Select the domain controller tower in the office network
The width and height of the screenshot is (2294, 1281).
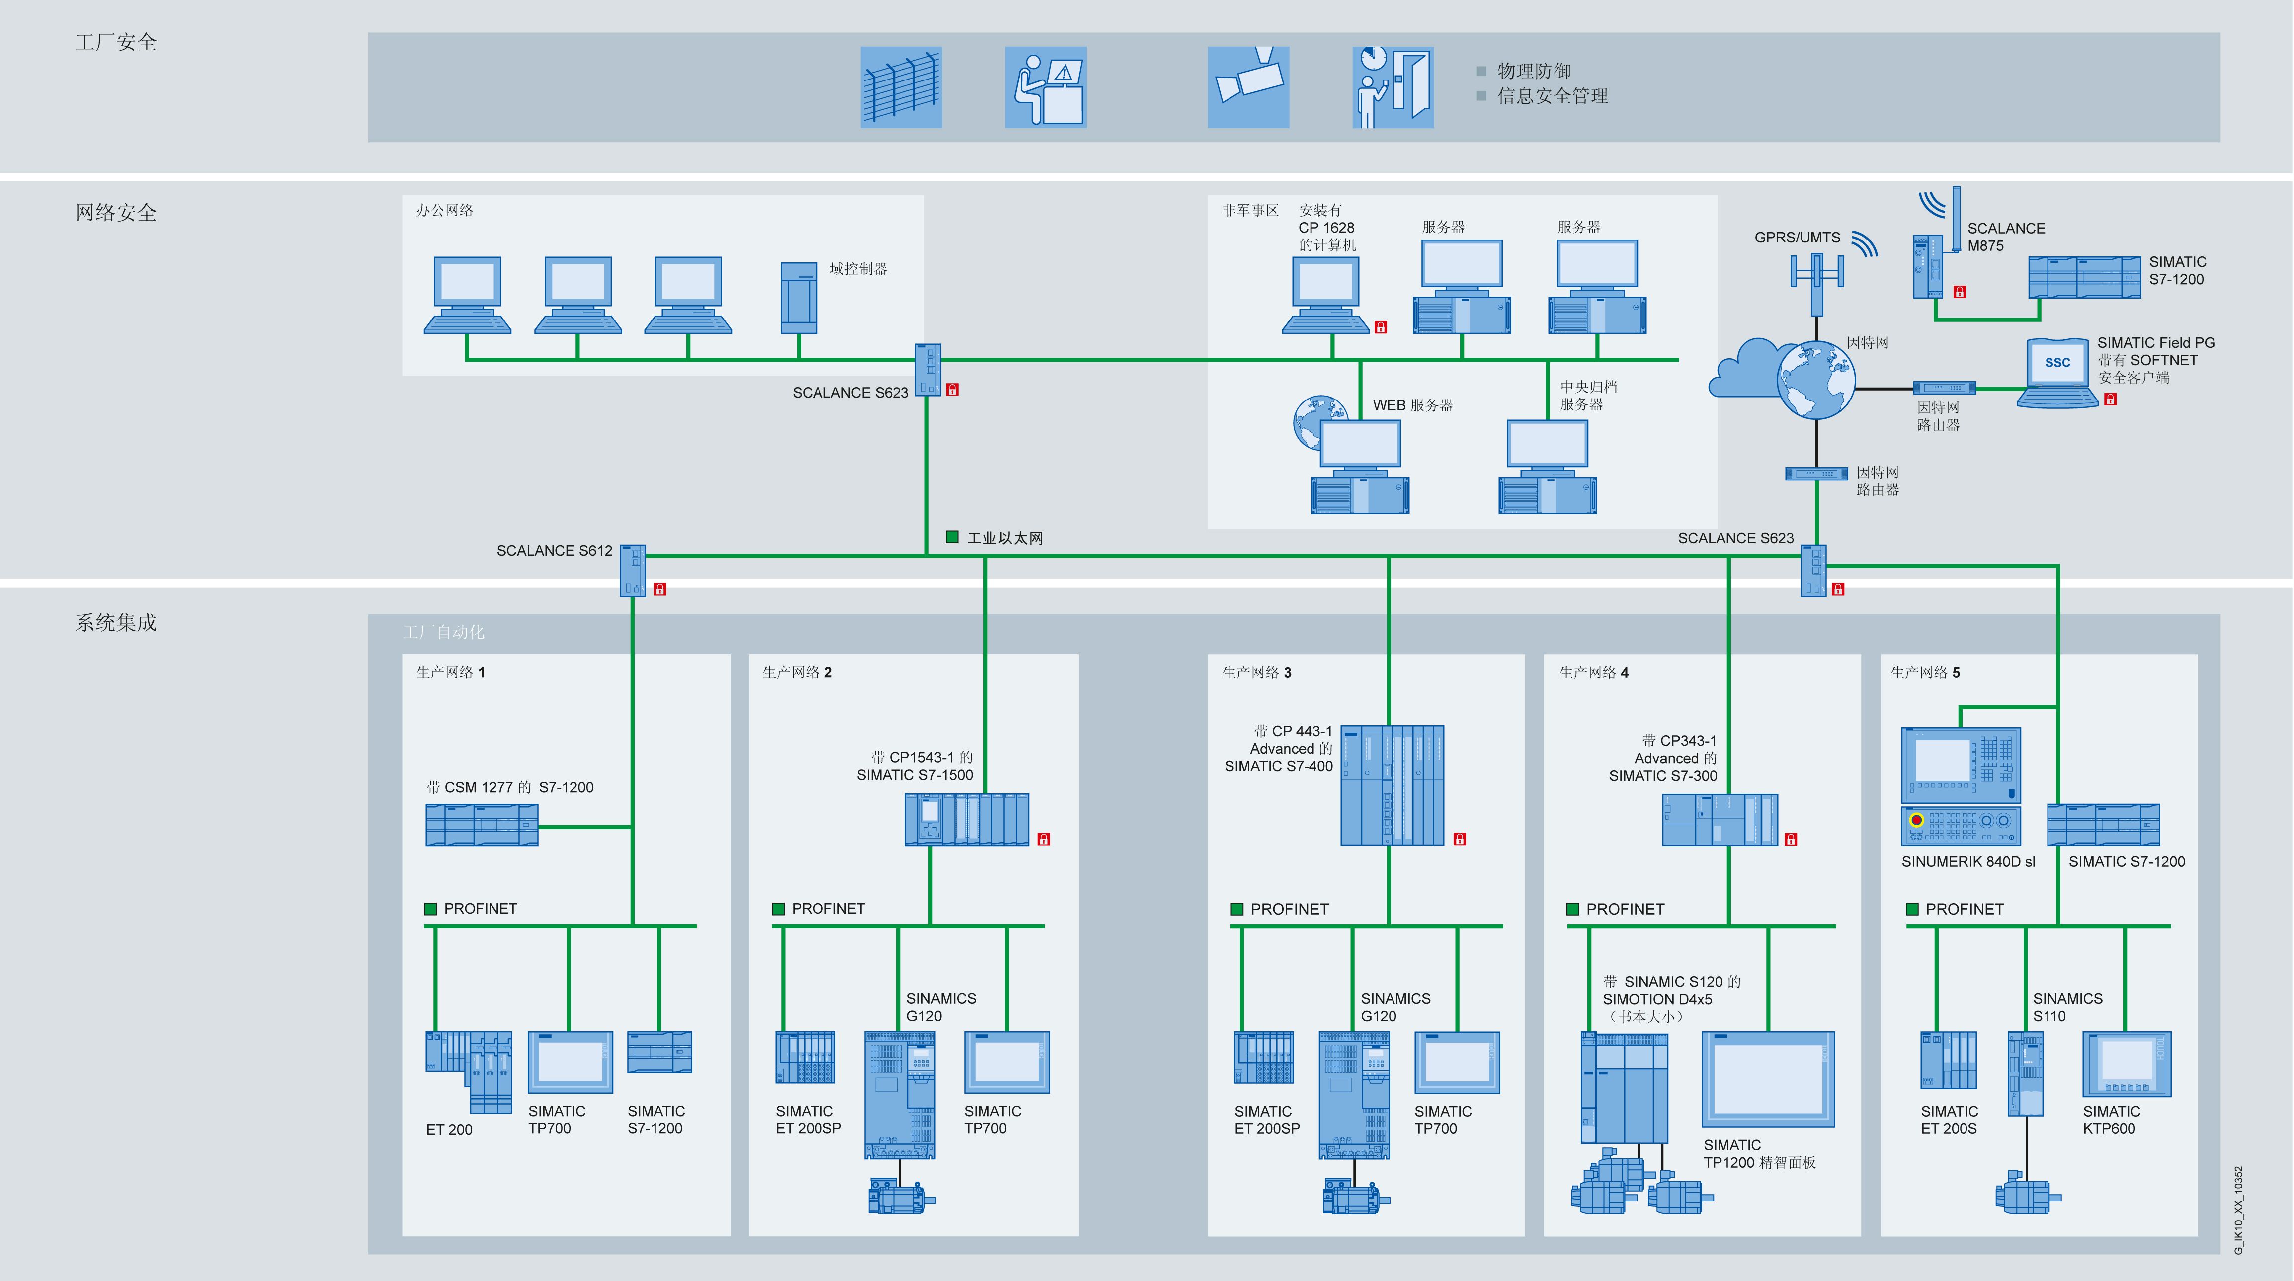798,297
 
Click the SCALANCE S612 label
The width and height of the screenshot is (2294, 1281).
554,550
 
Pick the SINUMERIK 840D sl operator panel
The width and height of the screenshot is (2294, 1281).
1960,786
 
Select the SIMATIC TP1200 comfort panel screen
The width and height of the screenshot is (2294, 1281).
1768,1079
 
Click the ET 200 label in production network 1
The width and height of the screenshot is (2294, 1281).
449,1129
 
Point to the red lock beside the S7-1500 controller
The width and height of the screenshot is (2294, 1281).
1044,839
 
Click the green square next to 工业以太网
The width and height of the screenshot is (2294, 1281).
951,537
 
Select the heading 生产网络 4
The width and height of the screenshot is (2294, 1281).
1593,672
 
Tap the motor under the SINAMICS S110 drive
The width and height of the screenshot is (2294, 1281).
2026,1194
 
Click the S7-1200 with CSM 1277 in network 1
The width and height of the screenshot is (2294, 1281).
482,824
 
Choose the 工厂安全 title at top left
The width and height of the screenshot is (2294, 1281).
116,42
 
